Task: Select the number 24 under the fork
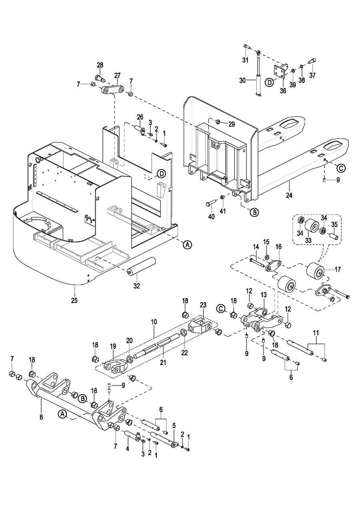coord(289,196)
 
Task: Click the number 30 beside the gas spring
coord(242,80)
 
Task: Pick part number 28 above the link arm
coord(100,65)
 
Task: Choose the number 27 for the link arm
coord(118,75)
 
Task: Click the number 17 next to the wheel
coord(338,269)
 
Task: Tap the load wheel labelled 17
coord(317,273)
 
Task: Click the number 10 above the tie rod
coord(154,322)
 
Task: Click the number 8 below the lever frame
coord(41,417)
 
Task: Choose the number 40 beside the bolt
coord(211,216)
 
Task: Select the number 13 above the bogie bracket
coord(264,295)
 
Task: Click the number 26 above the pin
coord(140,117)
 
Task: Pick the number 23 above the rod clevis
coord(203,305)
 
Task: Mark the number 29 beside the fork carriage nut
coord(231,124)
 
